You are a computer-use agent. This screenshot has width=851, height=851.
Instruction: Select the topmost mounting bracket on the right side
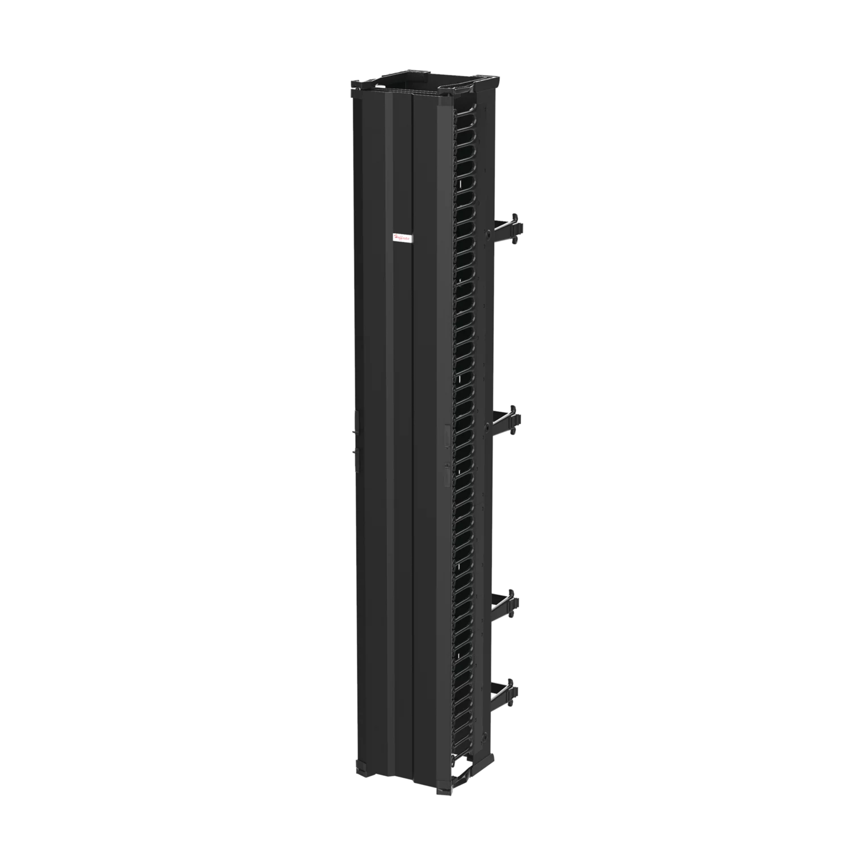509,229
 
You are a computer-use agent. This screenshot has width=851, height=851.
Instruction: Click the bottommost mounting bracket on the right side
508,694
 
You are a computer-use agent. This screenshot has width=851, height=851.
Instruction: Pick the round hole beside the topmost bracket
487,233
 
